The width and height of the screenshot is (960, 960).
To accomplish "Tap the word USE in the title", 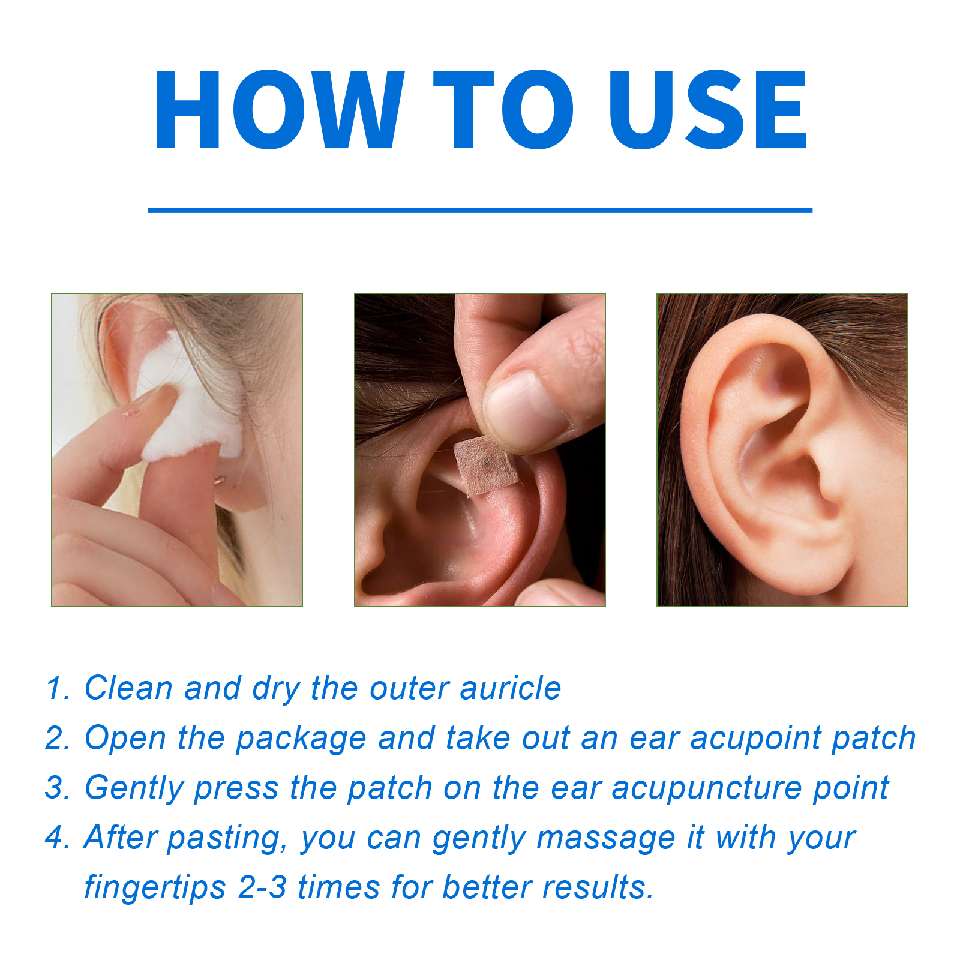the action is tap(708, 109).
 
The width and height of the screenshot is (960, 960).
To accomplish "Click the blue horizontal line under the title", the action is tap(480, 210).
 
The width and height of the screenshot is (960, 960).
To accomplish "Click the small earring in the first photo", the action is tap(220, 479).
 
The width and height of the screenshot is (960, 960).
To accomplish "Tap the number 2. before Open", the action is tap(58, 737).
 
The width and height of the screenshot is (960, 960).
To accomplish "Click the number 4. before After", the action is tap(58, 837).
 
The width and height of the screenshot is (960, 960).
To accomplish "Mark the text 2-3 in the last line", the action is tap(262, 887).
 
